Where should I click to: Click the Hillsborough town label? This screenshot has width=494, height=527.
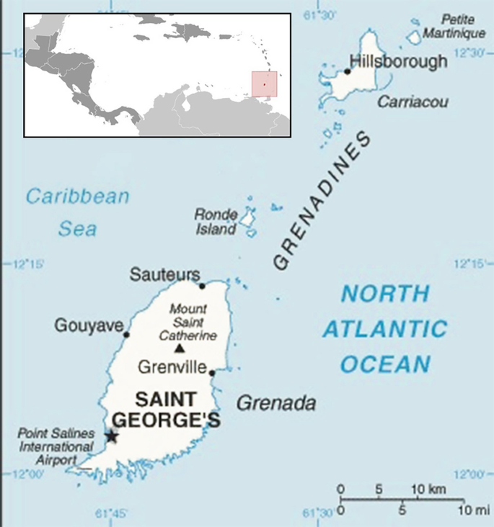pos(398,62)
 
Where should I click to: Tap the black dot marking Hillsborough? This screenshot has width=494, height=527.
pos(348,71)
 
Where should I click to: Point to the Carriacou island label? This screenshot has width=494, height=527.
pos(413,102)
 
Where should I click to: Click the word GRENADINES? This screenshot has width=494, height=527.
pos(322,202)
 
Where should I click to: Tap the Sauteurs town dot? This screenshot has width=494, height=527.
pos(202,286)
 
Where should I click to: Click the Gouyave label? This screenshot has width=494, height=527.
pos(89,326)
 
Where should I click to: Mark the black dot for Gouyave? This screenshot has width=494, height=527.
pos(126,335)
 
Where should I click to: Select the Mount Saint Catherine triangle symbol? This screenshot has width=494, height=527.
pos(180,350)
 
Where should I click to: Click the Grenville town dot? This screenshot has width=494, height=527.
pos(212,373)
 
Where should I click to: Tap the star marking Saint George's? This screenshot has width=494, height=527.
pos(111,436)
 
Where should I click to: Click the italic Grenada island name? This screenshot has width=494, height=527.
pos(276,402)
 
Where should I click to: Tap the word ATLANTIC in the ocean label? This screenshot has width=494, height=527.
pos(384,330)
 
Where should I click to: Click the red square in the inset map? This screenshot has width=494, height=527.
pos(264,84)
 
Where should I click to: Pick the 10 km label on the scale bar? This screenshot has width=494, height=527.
pos(425,490)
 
